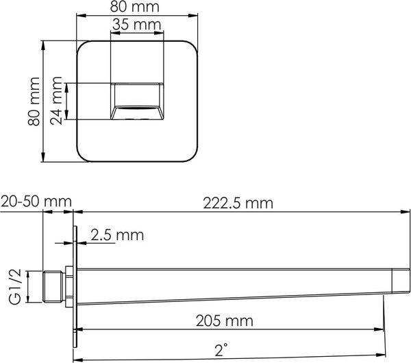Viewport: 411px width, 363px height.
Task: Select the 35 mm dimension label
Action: [137, 25]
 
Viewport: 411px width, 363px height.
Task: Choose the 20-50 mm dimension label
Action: [36, 201]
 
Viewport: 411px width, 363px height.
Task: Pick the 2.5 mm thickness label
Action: [116, 235]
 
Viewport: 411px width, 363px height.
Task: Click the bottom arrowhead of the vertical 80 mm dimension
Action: [43, 159]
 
